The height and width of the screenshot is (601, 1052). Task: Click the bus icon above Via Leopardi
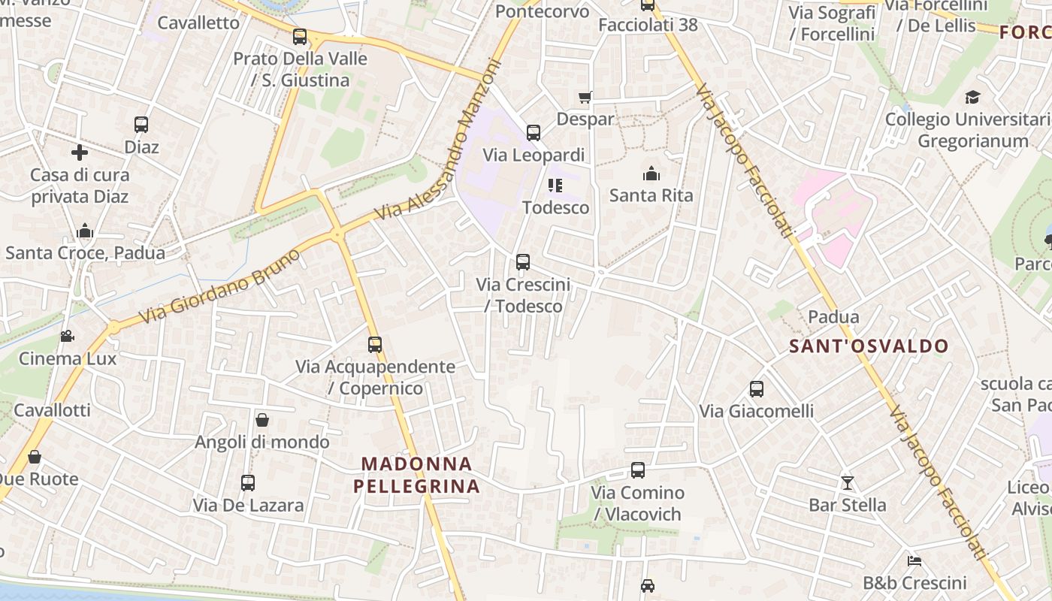pos(534,133)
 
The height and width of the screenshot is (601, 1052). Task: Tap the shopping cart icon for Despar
pos(585,97)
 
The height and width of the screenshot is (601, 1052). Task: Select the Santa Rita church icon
pos(651,174)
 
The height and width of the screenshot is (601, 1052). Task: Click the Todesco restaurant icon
pos(555,185)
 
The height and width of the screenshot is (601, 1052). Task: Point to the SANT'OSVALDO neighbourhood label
pos(869,346)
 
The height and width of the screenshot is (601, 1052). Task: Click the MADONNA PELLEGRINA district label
pos(416,475)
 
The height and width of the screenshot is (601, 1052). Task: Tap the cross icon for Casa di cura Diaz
pos(80,153)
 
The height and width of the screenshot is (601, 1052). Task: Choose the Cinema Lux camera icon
pos(68,336)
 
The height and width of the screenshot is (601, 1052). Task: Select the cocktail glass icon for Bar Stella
pos(848,482)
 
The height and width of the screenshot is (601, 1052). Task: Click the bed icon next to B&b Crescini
pos(914,561)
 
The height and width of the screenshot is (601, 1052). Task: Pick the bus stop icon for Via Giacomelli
pos(757,389)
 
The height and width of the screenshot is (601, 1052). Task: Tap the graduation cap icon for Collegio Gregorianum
pos(973,97)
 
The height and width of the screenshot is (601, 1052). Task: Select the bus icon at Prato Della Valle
pos(300,36)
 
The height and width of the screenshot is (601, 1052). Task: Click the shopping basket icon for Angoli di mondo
pos(262,420)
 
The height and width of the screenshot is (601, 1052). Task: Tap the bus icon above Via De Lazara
pos(248,483)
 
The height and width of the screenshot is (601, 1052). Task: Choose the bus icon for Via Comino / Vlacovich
pos(638,470)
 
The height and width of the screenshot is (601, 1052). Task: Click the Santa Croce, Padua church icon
pos(85,231)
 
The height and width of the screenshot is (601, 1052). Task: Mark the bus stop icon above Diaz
pos(141,125)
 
